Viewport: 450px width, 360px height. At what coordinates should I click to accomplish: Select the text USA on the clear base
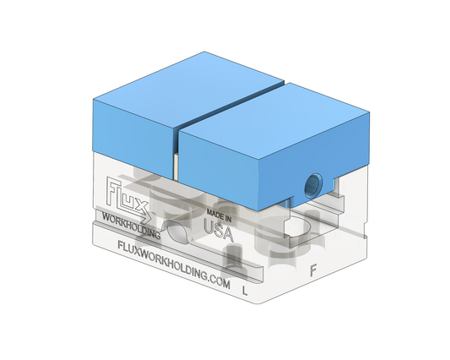point(219,231)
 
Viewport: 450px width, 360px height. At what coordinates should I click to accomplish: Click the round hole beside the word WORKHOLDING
point(176,231)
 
